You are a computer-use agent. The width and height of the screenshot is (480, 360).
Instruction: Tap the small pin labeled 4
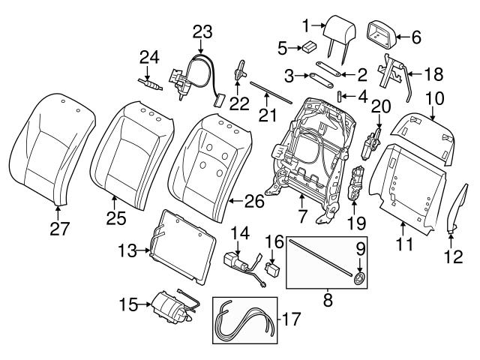(x=339, y=96)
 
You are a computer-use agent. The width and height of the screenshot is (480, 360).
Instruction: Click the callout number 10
(x=435, y=97)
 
